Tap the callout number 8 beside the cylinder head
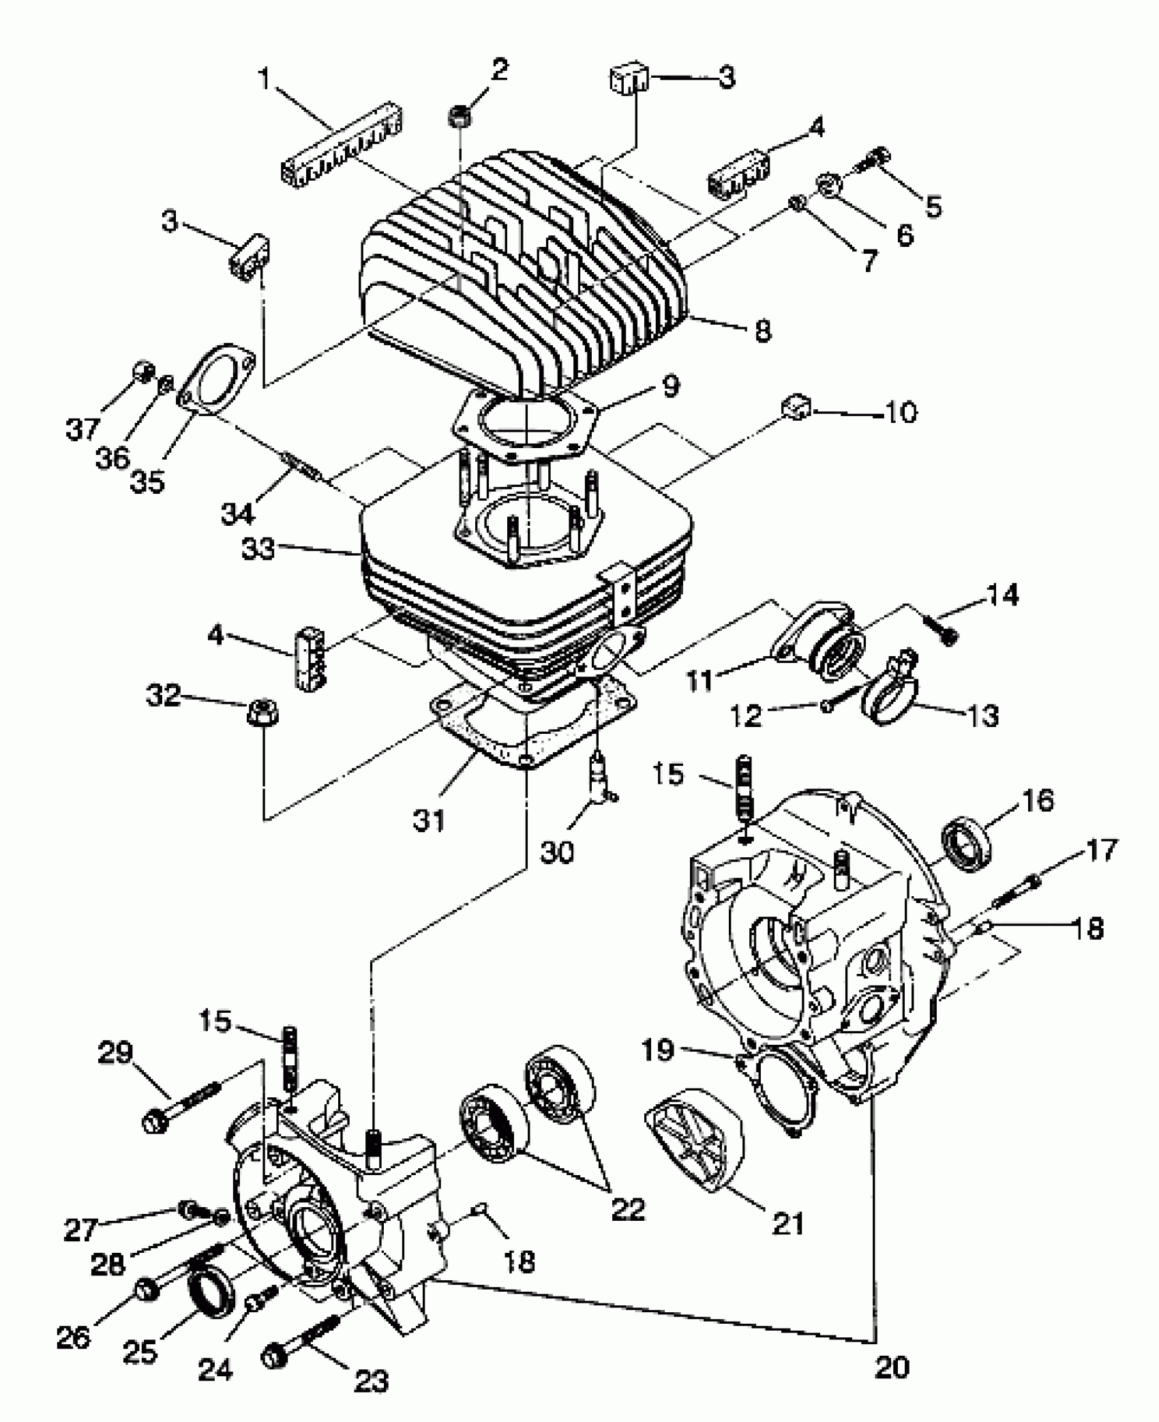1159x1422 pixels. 763,331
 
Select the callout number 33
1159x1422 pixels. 259,548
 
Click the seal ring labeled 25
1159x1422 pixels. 209,1288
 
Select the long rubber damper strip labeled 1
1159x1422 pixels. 342,148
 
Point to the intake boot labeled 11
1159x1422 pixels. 822,640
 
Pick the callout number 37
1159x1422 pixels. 82,429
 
